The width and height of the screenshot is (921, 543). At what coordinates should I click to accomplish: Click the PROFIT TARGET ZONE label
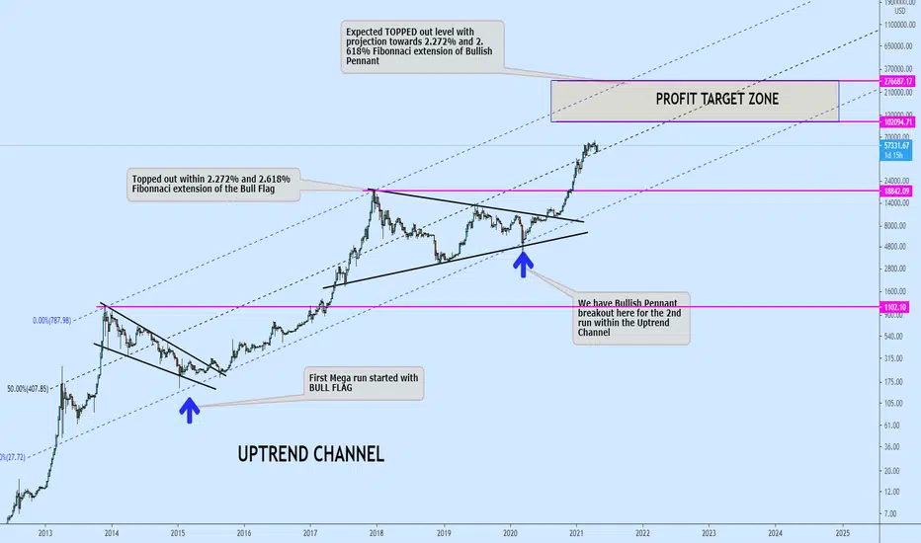(x=716, y=99)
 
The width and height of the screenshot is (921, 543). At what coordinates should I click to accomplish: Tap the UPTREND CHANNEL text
(x=311, y=454)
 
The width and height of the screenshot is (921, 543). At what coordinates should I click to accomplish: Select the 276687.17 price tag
(x=899, y=80)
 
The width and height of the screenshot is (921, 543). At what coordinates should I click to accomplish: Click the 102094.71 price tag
(x=899, y=120)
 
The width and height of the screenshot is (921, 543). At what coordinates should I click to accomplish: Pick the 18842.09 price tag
(x=899, y=190)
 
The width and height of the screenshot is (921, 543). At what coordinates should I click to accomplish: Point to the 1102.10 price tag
(x=899, y=308)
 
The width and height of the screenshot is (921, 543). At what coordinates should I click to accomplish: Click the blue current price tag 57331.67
(x=899, y=146)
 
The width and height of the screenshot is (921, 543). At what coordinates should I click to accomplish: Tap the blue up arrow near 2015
(x=189, y=408)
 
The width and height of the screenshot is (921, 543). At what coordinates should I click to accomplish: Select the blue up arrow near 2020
(x=524, y=262)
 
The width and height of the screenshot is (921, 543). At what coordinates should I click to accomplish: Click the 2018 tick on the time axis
(x=377, y=532)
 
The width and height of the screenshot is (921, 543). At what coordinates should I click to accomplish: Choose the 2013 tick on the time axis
(x=44, y=532)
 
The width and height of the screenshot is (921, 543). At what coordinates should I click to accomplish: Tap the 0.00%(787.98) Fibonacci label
(x=65, y=320)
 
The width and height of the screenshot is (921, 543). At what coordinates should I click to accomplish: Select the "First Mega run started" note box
(x=365, y=385)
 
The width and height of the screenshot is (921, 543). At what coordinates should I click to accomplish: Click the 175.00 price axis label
(x=895, y=381)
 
